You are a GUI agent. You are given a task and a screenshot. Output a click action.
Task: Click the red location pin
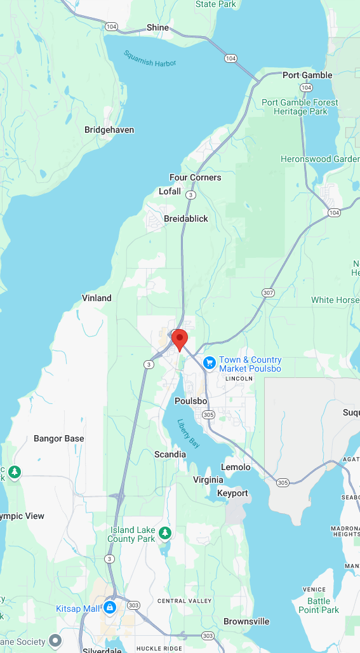[x=180, y=339]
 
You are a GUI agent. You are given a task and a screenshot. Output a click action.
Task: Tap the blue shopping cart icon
[x=209, y=363]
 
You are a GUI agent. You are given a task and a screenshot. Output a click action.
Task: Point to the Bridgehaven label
[x=109, y=130]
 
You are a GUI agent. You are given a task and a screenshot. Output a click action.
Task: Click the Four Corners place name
[x=196, y=177]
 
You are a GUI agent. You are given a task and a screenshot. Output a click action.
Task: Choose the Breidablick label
[x=186, y=219]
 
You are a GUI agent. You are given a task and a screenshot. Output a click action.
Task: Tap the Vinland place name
[x=97, y=298]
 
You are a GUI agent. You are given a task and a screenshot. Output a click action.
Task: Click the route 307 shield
[x=268, y=292]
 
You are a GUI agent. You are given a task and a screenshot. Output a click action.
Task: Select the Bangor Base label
[x=58, y=438]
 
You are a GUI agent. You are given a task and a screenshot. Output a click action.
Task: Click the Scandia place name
[x=170, y=454]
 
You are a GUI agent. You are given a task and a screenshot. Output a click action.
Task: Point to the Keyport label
[x=233, y=493]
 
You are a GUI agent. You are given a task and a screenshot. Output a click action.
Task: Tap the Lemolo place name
[x=236, y=467]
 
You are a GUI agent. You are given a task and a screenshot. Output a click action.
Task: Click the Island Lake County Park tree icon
[x=166, y=532]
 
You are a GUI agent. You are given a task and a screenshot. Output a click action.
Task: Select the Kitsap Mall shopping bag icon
[x=110, y=608]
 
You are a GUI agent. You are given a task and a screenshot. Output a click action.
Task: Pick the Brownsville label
[x=246, y=621]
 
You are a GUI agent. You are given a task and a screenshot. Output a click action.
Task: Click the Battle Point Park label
[x=323, y=605]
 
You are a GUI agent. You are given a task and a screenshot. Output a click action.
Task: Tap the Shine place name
[x=158, y=27]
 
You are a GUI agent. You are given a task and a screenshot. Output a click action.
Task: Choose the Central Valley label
[x=180, y=601]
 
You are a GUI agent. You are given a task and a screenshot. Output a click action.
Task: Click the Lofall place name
[x=170, y=191]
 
